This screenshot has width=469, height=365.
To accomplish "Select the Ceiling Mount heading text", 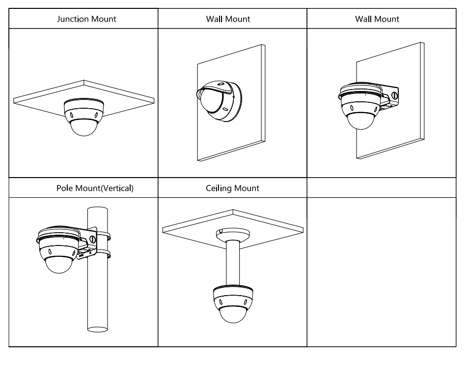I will (x=233, y=188).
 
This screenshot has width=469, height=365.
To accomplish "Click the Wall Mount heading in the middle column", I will (x=228, y=19).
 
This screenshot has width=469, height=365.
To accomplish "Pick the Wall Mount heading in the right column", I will (x=377, y=19).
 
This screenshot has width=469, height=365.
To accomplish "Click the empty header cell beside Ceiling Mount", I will (x=381, y=188).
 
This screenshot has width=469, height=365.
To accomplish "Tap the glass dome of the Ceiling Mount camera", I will (x=232, y=315).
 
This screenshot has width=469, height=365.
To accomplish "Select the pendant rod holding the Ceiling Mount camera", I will (x=232, y=261).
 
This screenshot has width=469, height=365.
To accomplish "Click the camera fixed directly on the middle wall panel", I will (x=216, y=101).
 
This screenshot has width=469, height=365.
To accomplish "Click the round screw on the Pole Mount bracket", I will (x=92, y=240).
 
